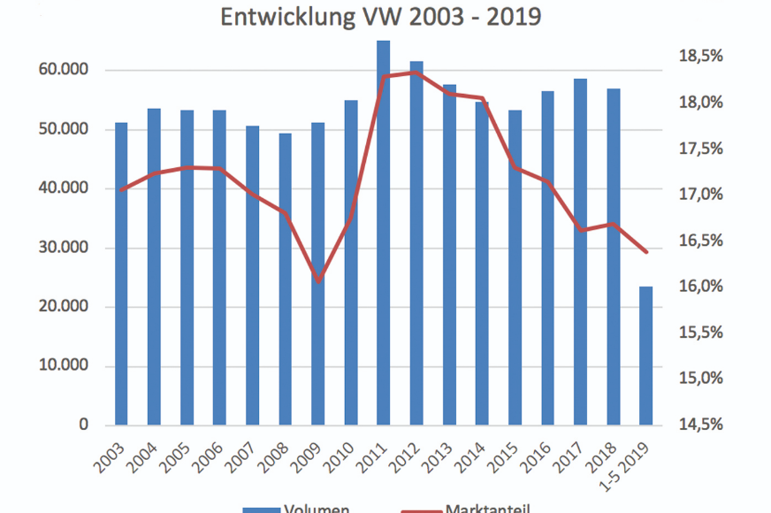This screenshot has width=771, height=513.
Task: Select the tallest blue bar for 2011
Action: click(384, 230)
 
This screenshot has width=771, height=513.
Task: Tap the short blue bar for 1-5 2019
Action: click(646, 354)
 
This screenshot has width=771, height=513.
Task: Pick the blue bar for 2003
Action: click(121, 274)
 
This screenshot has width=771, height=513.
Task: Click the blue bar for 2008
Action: click(286, 279)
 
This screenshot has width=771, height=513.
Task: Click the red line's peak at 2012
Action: click(416, 73)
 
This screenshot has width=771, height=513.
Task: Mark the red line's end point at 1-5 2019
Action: click(646, 252)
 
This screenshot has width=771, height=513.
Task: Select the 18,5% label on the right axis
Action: click(701, 57)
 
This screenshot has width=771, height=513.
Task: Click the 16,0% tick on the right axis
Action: click(701, 287)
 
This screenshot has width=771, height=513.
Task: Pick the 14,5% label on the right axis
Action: click(701, 425)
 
